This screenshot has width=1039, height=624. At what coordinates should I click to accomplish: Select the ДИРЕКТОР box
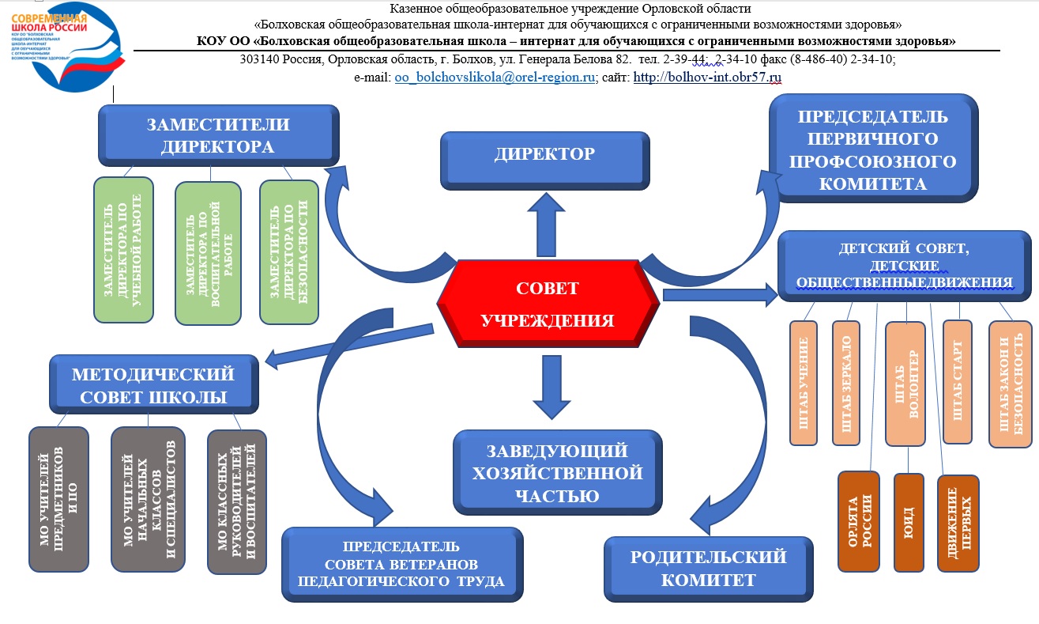(544, 154)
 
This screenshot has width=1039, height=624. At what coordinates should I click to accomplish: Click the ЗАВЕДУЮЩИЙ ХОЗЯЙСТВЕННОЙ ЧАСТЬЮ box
(556, 473)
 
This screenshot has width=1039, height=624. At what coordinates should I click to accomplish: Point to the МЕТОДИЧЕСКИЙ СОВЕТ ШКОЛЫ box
(152, 384)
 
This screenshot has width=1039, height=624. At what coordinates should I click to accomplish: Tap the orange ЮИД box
(908, 522)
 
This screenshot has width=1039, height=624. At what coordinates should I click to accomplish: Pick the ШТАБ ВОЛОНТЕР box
(908, 383)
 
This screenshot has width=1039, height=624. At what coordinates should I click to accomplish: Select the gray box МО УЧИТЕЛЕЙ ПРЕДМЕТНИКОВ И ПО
(58, 499)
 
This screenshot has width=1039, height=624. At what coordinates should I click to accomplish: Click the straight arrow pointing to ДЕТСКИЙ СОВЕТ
(719, 295)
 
